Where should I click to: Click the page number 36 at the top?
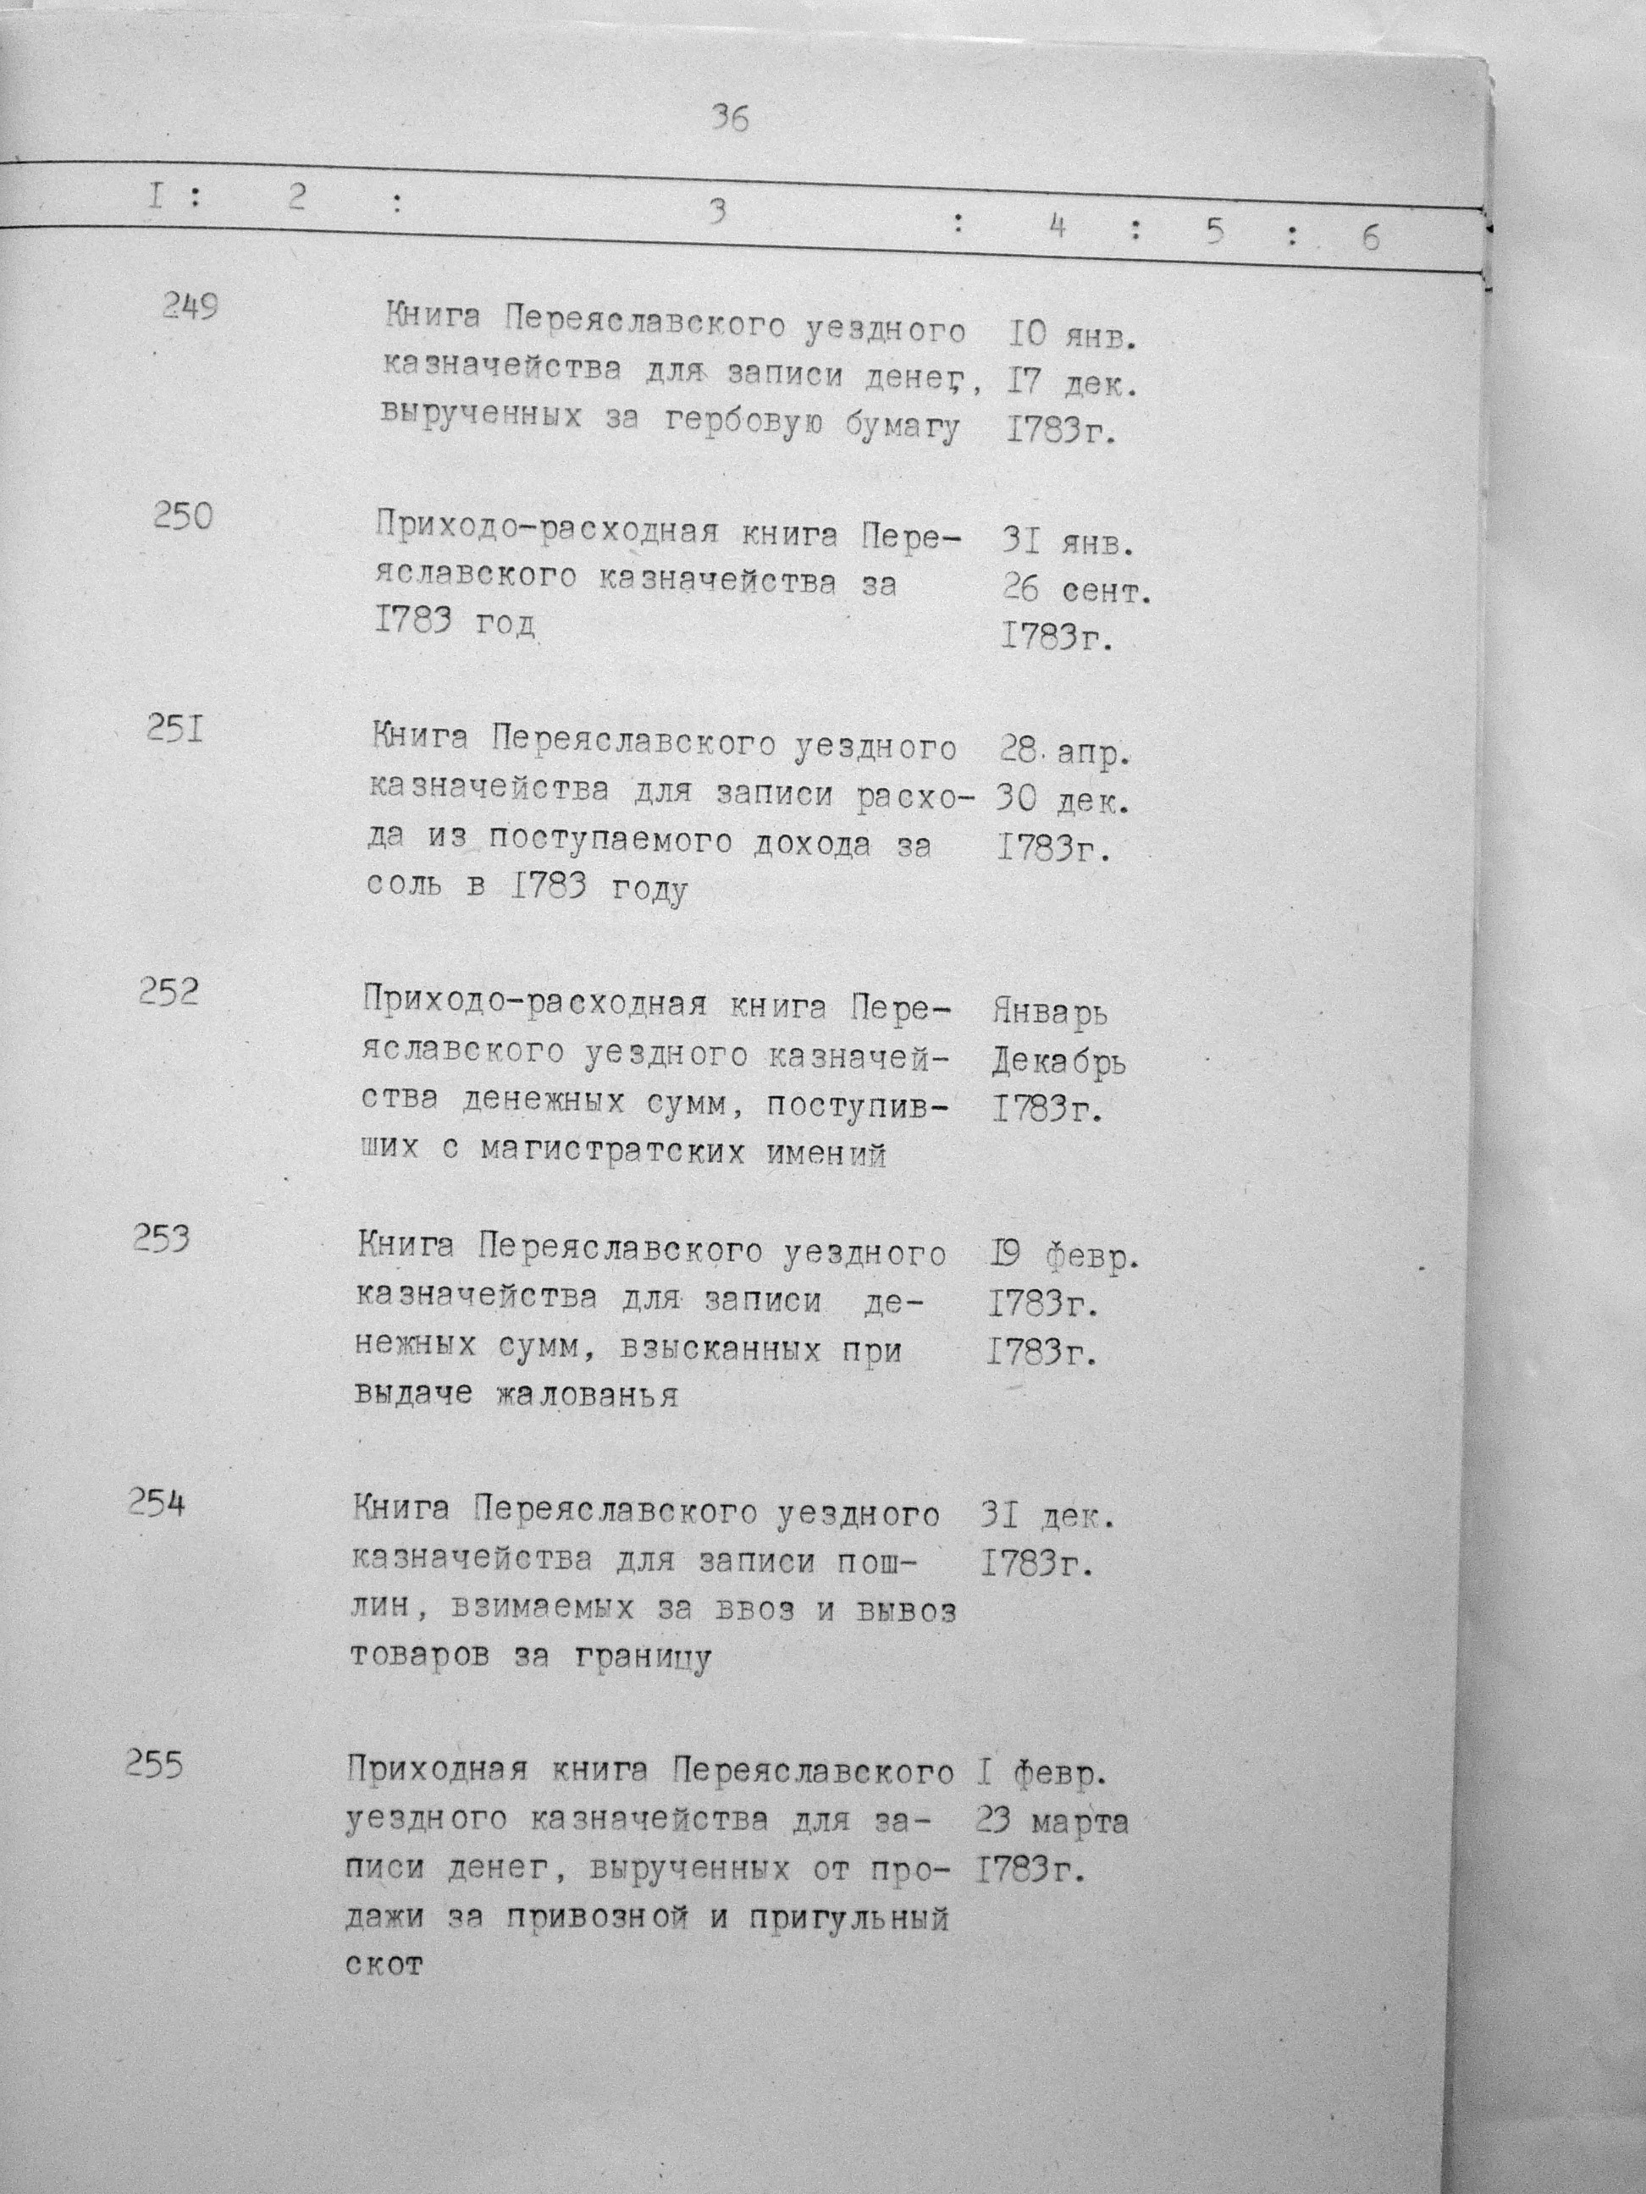pyautogui.click(x=729, y=120)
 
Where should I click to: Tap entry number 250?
pyautogui.click(x=183, y=517)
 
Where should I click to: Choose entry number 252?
pyautogui.click(x=168, y=991)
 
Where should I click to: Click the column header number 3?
pyautogui.click(x=717, y=212)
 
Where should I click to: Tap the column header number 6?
pyautogui.click(x=1370, y=238)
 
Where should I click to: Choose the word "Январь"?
pyautogui.click(x=1050, y=1012)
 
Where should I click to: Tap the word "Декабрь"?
pyautogui.click(x=1058, y=1063)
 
